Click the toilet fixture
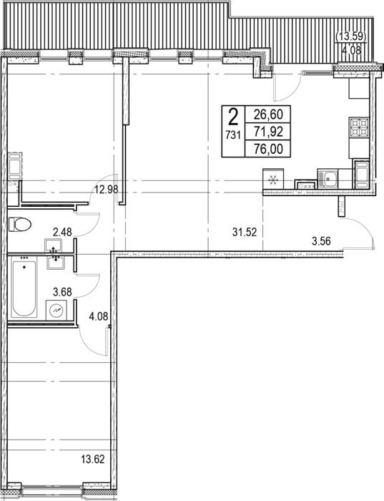(x=19, y=224)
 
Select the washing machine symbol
(x=56, y=310)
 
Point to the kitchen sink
(x=328, y=179)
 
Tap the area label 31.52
(x=245, y=233)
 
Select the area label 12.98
(x=107, y=190)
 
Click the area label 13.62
(x=92, y=459)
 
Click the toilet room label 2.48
(x=62, y=231)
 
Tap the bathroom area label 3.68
(x=62, y=292)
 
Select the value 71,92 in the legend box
(x=268, y=131)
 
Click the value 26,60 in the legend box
(x=268, y=114)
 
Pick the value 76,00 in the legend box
(x=268, y=149)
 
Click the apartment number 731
(x=233, y=135)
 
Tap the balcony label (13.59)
(x=351, y=37)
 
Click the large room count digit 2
(x=233, y=117)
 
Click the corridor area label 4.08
(x=98, y=316)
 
